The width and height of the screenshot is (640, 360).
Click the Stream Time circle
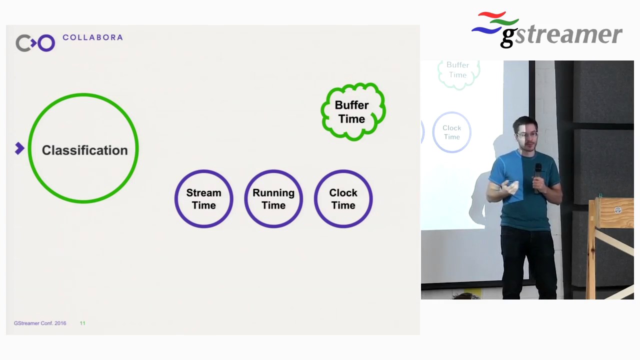[203, 199]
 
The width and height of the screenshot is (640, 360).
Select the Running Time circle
[273, 199]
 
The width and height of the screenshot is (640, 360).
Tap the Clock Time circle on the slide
[343, 199]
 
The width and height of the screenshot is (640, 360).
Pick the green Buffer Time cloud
[352, 111]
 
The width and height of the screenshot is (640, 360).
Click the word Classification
[84, 150]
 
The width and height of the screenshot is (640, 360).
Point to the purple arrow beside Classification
[19, 148]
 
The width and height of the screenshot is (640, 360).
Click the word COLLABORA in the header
[92, 37]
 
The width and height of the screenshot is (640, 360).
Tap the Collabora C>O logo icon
[35, 43]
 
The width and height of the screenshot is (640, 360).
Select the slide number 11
[82, 323]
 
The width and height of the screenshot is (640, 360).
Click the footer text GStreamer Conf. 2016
[40, 323]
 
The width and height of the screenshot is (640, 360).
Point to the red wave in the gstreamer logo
[492, 15]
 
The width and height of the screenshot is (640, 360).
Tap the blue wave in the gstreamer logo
[485, 30]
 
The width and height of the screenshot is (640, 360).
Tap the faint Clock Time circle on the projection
[451, 132]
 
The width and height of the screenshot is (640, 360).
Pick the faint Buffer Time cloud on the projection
[458, 71]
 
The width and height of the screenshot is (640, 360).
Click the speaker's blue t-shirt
[527, 200]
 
